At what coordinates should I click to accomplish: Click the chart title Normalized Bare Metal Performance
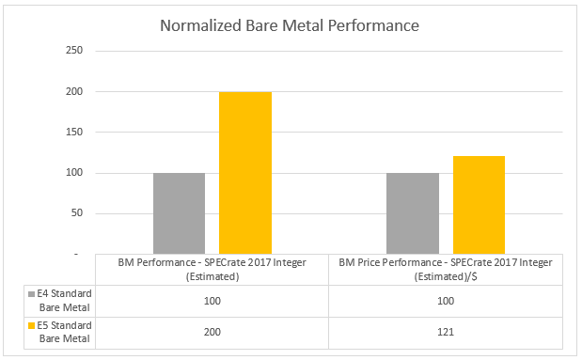pyautogui.click(x=291, y=25)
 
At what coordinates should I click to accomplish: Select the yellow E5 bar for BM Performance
pyautogui.click(x=245, y=173)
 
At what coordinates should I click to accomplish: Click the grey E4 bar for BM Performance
pyautogui.click(x=179, y=213)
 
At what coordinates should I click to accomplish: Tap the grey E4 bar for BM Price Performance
pyautogui.click(x=412, y=213)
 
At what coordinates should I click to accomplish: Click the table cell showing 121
pyautogui.click(x=447, y=333)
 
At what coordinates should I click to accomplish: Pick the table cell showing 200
pyautogui.click(x=212, y=333)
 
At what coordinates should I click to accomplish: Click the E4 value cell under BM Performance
pyautogui.click(x=212, y=301)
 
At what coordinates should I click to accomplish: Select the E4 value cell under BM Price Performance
pyautogui.click(x=447, y=301)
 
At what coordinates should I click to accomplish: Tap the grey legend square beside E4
pyautogui.click(x=31, y=294)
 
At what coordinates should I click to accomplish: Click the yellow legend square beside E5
pyautogui.click(x=31, y=326)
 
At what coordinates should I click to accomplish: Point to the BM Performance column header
pyautogui.click(x=212, y=269)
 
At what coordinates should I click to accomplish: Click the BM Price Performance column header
pyautogui.click(x=447, y=269)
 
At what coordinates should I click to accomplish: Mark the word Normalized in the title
pyautogui.click(x=200, y=25)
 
